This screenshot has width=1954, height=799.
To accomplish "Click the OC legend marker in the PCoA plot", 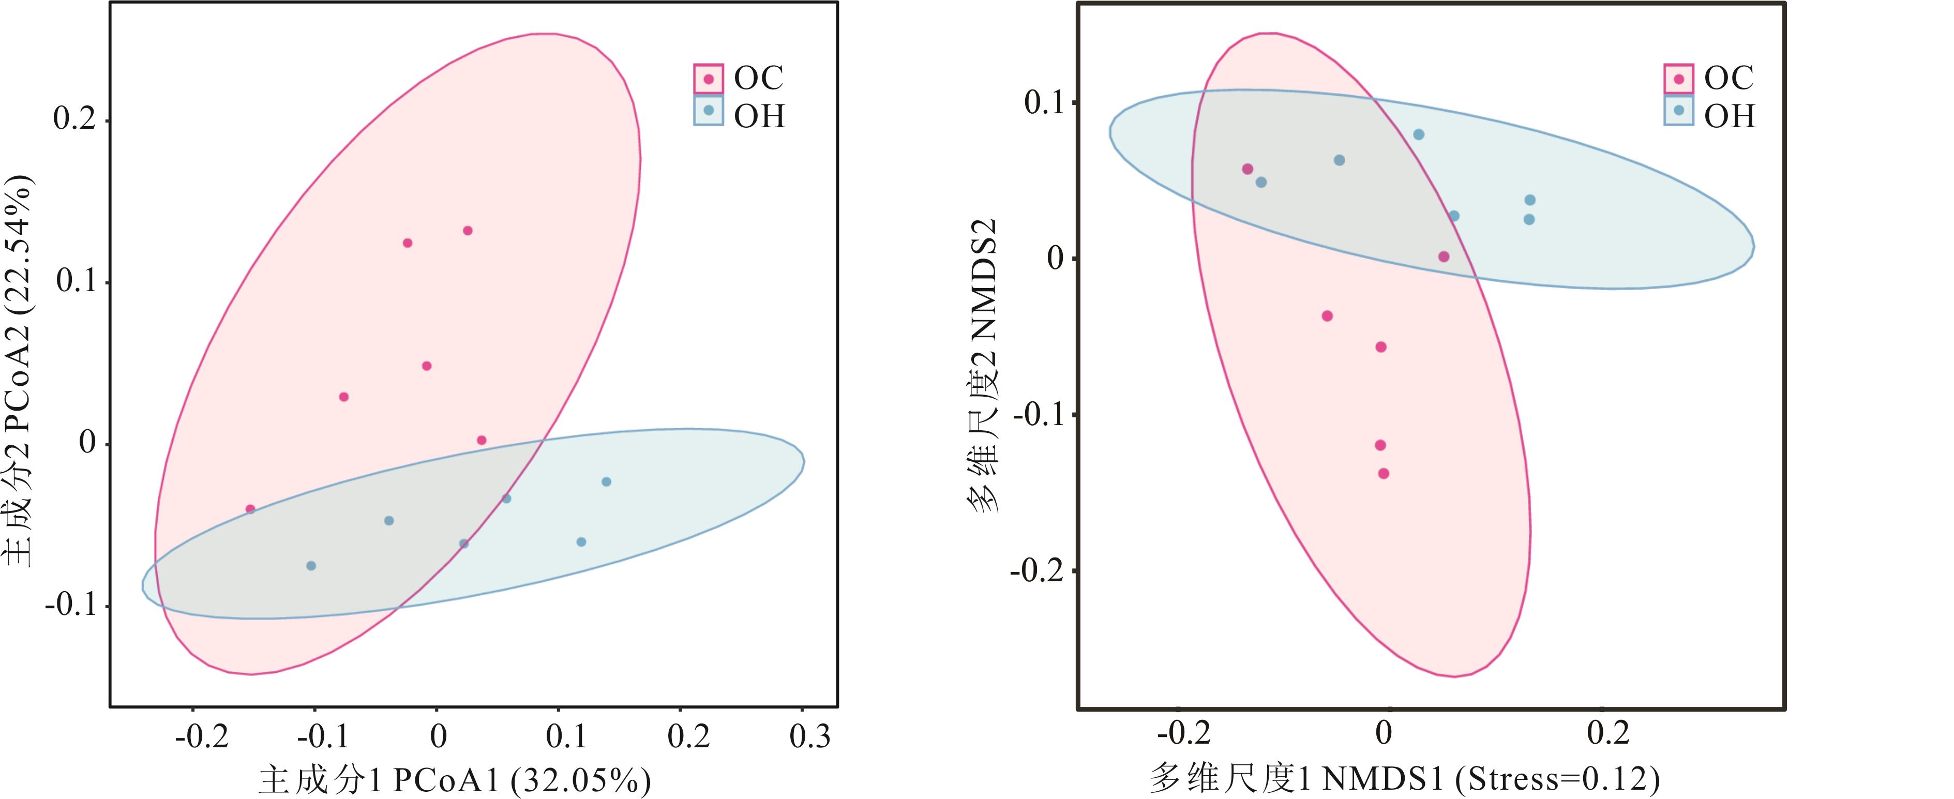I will click(x=709, y=79).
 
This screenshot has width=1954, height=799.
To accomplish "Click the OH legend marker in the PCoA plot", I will click(x=709, y=111).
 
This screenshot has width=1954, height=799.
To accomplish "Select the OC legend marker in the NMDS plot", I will click(x=1679, y=79).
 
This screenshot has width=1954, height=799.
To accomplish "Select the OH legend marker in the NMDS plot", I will click(x=1679, y=111).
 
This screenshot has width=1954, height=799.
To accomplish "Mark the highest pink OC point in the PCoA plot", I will click(x=468, y=231).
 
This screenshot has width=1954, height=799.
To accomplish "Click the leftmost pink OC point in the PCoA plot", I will click(x=250, y=509).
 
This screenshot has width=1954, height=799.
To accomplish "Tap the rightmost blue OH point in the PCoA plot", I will click(x=606, y=482).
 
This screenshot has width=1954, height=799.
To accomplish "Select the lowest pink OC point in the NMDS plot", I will click(x=1384, y=474).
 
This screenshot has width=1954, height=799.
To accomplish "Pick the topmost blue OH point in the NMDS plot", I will click(x=1419, y=134).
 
